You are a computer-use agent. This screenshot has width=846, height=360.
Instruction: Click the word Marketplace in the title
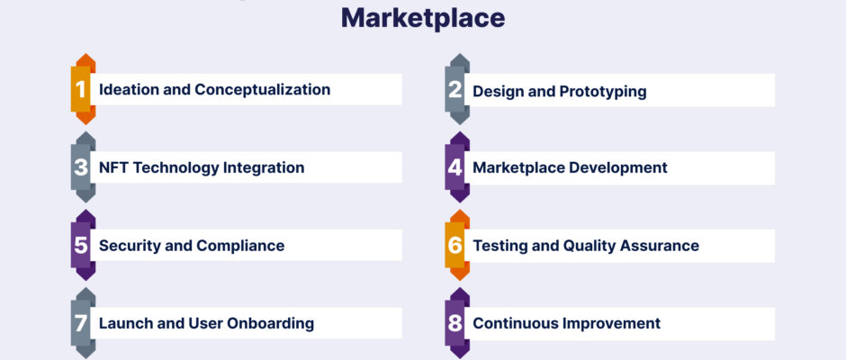(x=423, y=18)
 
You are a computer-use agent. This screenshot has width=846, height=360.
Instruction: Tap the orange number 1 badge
(x=83, y=89)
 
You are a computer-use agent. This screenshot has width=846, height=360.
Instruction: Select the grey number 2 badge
(x=457, y=89)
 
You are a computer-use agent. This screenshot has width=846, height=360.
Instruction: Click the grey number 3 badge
(x=83, y=167)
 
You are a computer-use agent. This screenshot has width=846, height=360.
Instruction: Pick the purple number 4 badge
(x=457, y=167)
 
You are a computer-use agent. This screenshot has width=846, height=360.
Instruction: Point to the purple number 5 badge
(x=83, y=245)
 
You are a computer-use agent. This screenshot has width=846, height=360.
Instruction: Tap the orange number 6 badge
(x=457, y=245)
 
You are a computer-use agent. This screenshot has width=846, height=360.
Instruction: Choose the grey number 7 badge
(x=83, y=323)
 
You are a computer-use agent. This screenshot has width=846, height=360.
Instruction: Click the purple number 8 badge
(x=457, y=323)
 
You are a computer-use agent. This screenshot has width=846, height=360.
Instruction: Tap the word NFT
(x=113, y=167)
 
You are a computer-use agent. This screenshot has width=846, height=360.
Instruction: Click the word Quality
(x=589, y=246)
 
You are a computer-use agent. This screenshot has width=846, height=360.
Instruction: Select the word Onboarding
(x=270, y=324)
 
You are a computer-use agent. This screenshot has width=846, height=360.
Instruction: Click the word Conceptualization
(x=262, y=90)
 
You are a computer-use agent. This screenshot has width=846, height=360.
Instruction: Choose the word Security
(x=129, y=246)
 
